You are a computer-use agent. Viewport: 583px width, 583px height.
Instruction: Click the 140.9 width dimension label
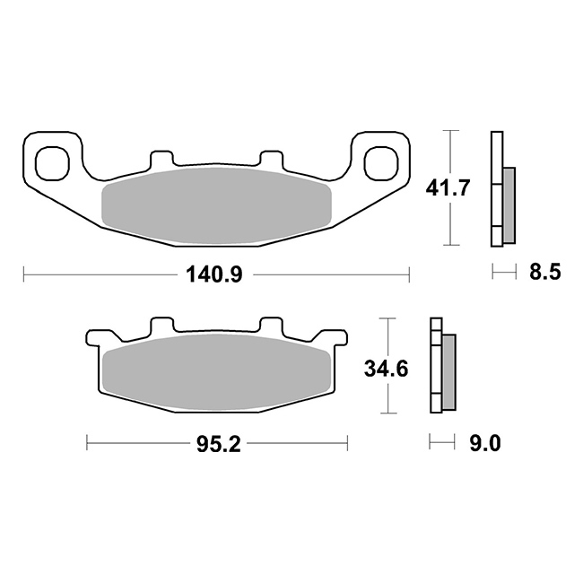214,275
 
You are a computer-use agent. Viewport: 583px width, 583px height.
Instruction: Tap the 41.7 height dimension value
448,187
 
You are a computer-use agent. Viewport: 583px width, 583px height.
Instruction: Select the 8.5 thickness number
544,273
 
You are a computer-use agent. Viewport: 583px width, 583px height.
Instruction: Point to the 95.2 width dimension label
219,444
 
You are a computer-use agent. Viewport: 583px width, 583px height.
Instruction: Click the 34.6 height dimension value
387,369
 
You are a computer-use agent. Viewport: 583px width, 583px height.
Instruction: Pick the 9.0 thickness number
485,443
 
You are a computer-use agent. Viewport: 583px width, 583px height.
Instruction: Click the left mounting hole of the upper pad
52,163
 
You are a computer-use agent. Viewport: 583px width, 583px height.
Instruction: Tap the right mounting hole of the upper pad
381,163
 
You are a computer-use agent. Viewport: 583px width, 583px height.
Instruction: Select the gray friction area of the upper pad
216,206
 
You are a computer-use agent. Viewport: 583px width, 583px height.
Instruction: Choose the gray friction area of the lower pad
216,372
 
